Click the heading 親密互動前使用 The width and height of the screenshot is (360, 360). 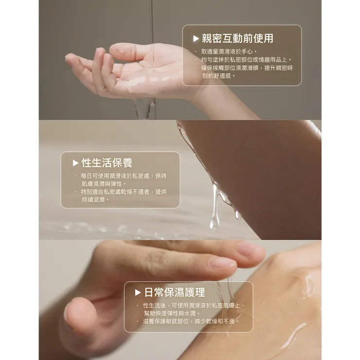(237, 38)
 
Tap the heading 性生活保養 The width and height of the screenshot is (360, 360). (107, 163)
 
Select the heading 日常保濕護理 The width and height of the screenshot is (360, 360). (175, 292)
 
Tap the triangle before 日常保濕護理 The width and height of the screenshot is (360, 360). (138, 293)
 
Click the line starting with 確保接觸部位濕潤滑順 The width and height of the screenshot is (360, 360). (247, 68)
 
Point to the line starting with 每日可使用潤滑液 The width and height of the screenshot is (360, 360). (124, 176)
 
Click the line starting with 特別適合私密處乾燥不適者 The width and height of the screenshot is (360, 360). (124, 192)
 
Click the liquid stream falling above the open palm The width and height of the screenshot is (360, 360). (152, 24)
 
